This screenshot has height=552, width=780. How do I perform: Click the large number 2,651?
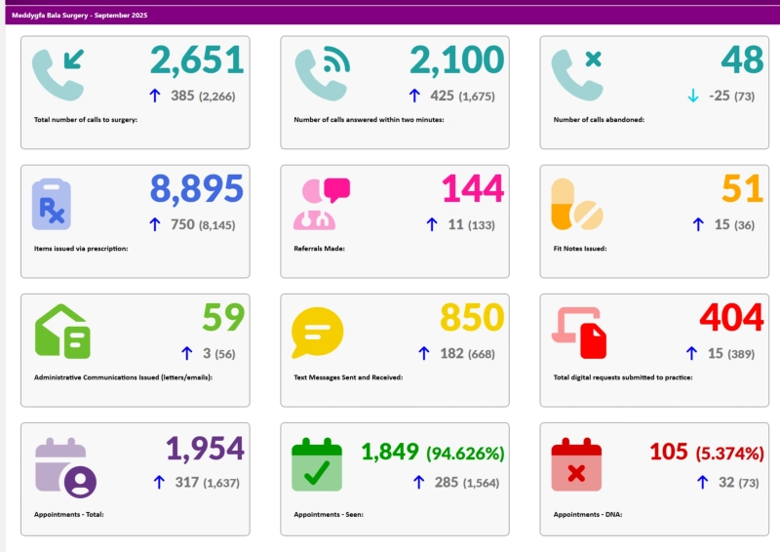(x=196, y=60)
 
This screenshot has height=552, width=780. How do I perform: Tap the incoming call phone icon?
(x=58, y=75)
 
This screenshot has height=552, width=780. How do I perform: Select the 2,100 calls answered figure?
(x=456, y=60)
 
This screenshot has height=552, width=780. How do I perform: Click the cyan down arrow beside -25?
(x=693, y=96)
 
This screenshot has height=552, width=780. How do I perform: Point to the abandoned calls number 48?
(x=742, y=60)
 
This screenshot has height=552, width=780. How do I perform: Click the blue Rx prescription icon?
(x=52, y=204)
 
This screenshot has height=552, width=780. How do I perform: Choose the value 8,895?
(x=196, y=189)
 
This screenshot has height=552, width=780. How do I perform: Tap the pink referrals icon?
(x=321, y=203)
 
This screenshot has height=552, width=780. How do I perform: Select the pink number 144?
(x=473, y=189)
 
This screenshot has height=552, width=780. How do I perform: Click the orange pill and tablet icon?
(x=576, y=204)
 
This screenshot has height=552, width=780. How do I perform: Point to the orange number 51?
(x=742, y=189)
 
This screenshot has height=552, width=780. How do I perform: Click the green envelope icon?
(x=62, y=332)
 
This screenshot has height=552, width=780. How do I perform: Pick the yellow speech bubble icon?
(x=317, y=332)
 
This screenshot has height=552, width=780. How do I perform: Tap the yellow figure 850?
(x=472, y=318)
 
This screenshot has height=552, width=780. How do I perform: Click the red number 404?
(x=731, y=318)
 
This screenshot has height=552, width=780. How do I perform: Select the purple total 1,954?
(x=205, y=449)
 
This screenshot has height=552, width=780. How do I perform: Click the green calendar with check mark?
(x=317, y=464)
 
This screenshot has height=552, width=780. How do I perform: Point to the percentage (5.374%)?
(x=730, y=453)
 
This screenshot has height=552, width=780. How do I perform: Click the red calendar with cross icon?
(x=576, y=464)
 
